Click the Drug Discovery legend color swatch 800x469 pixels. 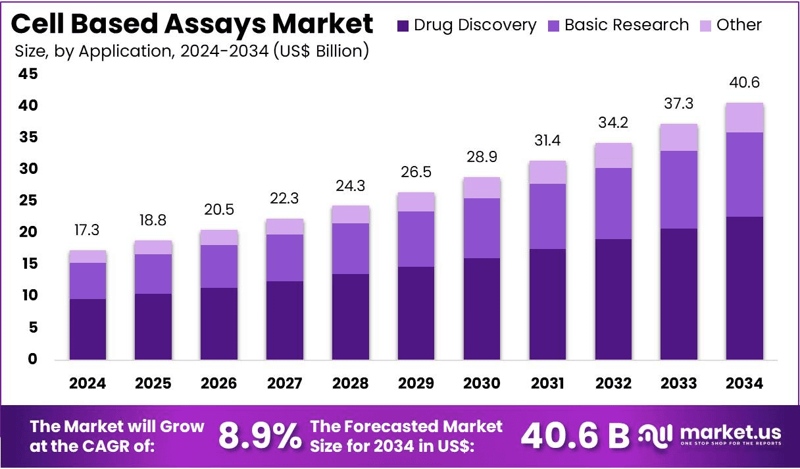click(403, 26)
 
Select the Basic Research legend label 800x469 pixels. click(626, 25)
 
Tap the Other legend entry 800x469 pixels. click(739, 25)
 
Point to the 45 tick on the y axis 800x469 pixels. click(28, 74)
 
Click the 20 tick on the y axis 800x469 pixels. click(28, 233)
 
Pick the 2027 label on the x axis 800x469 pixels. click(285, 383)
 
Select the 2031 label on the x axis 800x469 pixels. click(547, 383)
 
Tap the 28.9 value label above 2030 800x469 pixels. click(482, 159)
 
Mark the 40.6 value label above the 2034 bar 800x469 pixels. click(745, 83)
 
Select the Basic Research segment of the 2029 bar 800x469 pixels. click(416, 239)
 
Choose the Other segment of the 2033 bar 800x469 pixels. click(679, 138)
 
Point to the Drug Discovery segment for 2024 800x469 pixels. click(87, 329)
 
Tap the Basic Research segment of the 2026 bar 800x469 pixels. click(219, 266)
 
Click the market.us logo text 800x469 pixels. click(730, 433)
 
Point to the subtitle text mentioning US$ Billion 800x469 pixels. click(191, 51)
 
